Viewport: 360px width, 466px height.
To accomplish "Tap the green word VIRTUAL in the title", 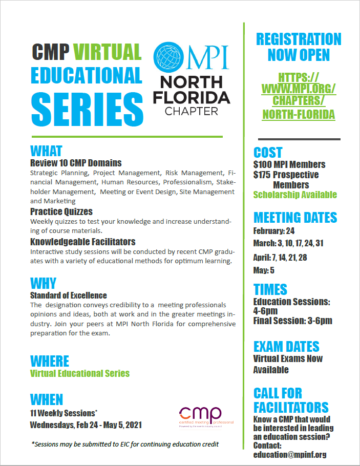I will pyautogui.click(x=107, y=52).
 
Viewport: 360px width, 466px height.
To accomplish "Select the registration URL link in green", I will pyautogui.click(x=299, y=96).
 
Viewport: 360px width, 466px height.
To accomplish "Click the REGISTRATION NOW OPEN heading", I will pyautogui.click(x=299, y=47).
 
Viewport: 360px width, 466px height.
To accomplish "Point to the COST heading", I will pyautogui.click(x=268, y=153).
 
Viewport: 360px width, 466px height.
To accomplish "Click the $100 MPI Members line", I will pyautogui.click(x=289, y=165).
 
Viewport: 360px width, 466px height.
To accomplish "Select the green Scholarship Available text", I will pyautogui.click(x=295, y=195).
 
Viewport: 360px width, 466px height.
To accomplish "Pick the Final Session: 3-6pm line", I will pyautogui.click(x=292, y=321).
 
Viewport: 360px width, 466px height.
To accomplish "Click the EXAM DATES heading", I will pyautogui.click(x=286, y=346).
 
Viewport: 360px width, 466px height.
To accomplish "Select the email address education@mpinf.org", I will pyautogui.click(x=290, y=454).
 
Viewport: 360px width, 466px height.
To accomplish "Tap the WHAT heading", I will pyautogui.click(x=46, y=151).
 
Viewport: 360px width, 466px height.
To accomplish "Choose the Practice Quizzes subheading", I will pyautogui.click(x=61, y=211).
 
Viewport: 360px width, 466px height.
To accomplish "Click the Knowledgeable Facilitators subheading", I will pyautogui.click(x=82, y=242).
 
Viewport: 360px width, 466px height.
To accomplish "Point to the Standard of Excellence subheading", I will pyautogui.click(x=69, y=295).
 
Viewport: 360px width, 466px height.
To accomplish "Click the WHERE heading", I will pyautogui.click(x=49, y=361).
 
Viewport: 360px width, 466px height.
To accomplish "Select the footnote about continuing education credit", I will pyautogui.click(x=125, y=444).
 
